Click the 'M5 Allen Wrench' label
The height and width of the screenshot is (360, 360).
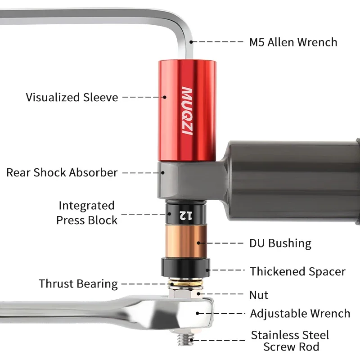293,42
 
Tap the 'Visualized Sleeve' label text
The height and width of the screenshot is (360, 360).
72,97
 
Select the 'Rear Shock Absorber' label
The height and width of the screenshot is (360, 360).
62,172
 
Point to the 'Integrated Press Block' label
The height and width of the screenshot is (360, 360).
87,213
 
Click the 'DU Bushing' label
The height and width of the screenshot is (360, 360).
280,243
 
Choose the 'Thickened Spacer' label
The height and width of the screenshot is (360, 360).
297,272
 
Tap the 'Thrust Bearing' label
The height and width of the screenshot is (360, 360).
78,284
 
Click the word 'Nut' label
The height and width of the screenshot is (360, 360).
259,295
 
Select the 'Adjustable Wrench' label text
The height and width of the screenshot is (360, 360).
300,314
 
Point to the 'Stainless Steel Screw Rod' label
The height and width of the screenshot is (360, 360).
290,341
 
